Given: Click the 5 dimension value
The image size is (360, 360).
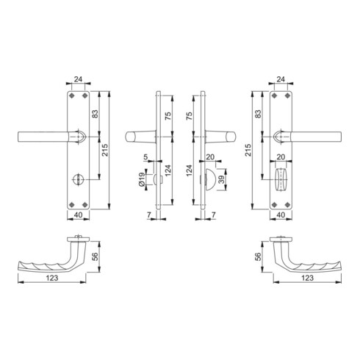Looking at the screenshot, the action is point(145,156).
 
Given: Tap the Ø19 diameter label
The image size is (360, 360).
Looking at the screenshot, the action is point(142,180).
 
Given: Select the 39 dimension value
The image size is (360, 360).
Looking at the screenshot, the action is point(221,180).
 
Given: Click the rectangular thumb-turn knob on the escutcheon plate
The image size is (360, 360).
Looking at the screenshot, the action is point(281,179).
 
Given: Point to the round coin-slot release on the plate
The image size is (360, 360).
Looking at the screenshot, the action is point(79,179).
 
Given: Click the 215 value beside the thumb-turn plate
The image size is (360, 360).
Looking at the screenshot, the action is point(248,150).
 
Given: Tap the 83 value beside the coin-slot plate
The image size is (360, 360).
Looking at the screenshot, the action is point(95,114).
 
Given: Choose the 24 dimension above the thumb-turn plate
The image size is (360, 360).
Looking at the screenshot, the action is point(281,79).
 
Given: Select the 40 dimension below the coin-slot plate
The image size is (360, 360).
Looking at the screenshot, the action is point(78,215).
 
